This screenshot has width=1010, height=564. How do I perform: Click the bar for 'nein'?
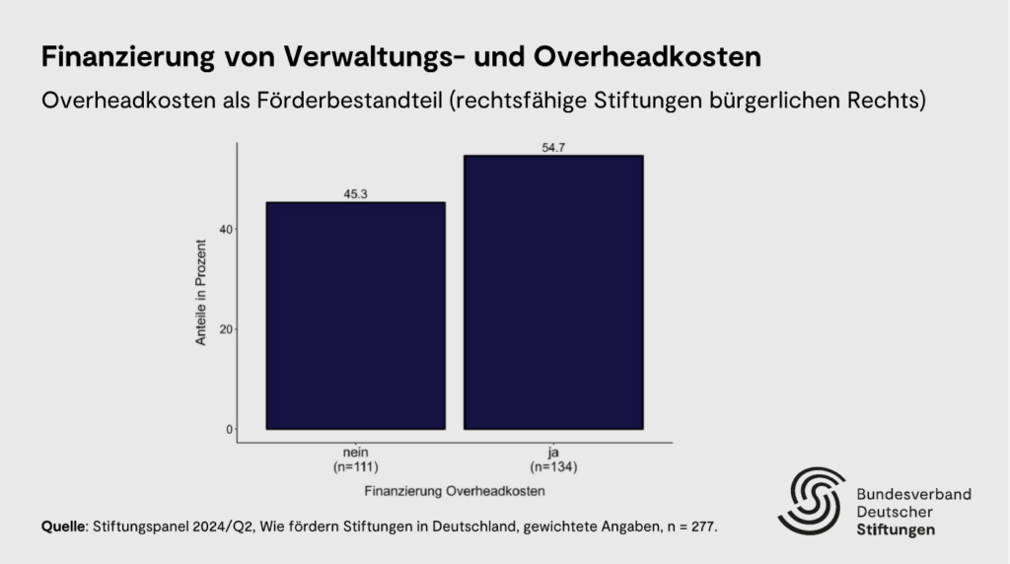click(355, 316)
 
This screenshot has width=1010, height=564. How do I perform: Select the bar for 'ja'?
click(553, 292)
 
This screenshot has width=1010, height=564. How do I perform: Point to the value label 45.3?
click(355, 193)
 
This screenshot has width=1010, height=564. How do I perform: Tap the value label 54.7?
click(553, 147)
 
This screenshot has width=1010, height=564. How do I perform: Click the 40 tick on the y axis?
click(226, 230)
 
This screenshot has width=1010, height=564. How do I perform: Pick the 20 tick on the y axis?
click(226, 329)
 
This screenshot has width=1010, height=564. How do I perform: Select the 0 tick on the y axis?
click(229, 429)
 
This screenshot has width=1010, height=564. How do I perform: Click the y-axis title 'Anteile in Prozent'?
click(201, 291)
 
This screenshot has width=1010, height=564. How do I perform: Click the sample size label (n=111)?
click(355, 465)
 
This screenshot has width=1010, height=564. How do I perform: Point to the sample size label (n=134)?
click(553, 465)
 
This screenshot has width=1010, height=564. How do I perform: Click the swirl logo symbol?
click(811, 501)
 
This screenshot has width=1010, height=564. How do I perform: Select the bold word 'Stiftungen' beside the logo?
click(896, 530)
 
